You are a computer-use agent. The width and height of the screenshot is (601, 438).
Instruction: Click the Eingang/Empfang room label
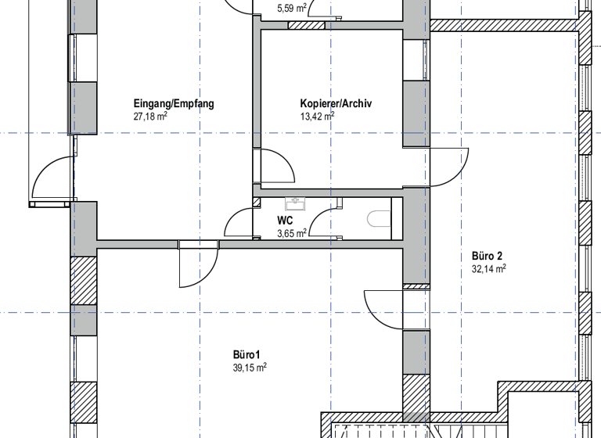click(x=174, y=104)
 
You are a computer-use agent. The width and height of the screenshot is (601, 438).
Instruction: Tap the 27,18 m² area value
click(x=151, y=117)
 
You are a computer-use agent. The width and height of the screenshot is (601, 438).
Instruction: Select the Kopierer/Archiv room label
click(x=336, y=104)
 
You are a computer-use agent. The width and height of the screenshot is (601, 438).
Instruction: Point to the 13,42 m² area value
click(x=317, y=117)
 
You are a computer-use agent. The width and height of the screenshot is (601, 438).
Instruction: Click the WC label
click(x=285, y=221)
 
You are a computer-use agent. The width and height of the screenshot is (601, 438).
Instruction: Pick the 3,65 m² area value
click(x=292, y=232)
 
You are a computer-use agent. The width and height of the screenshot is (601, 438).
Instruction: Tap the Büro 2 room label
click(x=487, y=255)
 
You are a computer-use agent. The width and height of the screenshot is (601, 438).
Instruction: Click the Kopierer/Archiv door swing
click(x=277, y=167)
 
